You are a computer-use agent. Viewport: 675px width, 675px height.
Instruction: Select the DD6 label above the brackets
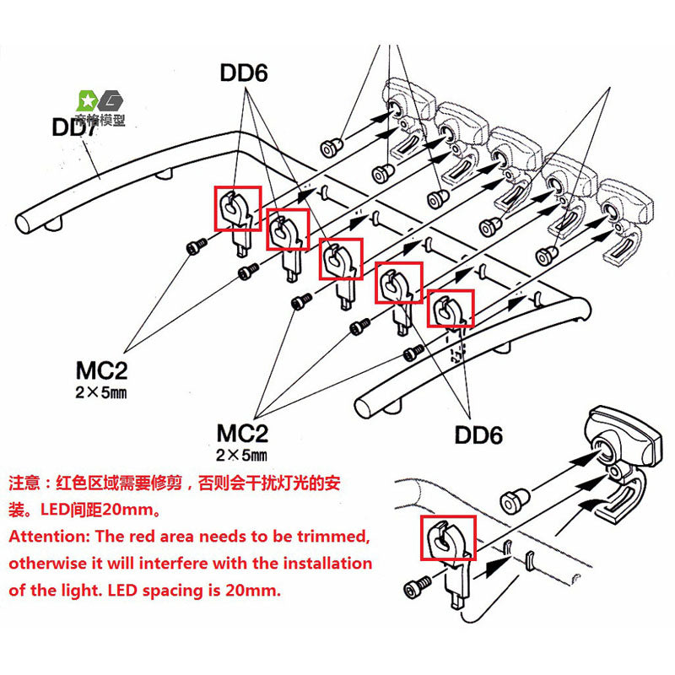coord(244,73)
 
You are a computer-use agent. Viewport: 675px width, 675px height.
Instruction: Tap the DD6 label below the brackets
coord(478,435)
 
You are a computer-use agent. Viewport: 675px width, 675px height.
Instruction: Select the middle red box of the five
coord(341,258)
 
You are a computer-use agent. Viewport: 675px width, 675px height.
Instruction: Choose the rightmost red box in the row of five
coord(450,309)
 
